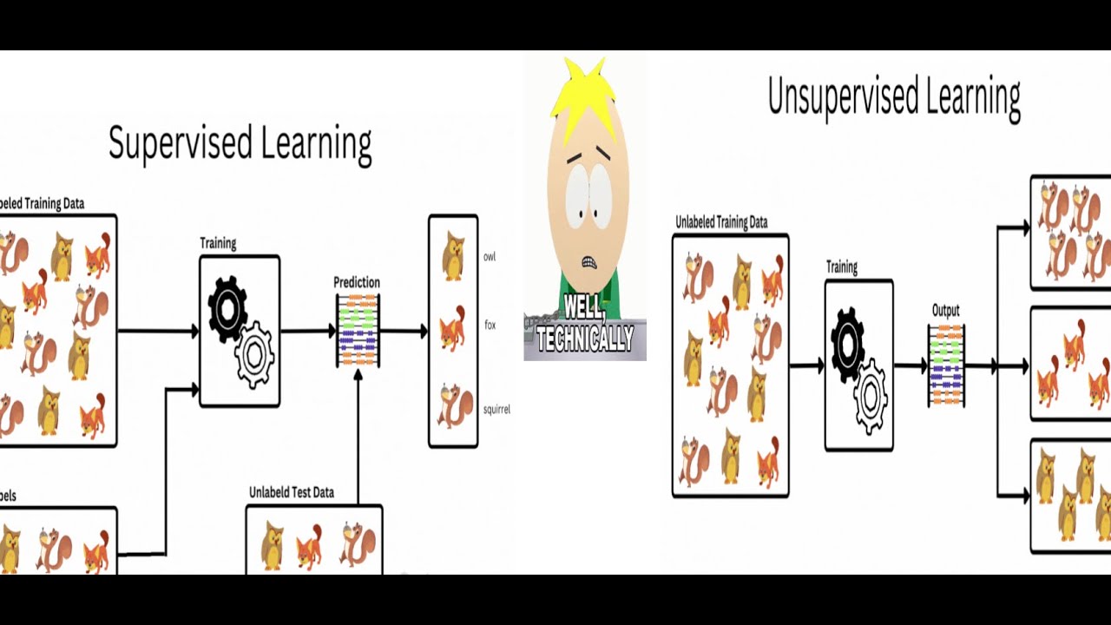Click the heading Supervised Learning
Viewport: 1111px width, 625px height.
240,144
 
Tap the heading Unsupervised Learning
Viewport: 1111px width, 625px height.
894,97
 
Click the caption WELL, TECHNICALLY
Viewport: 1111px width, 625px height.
584,323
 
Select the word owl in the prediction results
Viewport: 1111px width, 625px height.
490,257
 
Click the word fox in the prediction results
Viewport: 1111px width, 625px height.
490,326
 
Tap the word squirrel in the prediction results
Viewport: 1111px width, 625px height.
496,409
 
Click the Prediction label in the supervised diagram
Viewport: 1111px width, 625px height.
357,282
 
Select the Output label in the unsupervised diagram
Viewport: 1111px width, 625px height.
946,310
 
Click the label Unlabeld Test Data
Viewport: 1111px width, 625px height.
291,492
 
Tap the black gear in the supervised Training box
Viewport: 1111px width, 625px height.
227,307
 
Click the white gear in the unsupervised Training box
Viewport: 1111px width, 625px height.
870,396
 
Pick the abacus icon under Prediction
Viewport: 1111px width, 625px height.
358,331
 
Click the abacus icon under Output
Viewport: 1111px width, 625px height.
946,365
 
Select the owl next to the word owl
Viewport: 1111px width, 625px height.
453,256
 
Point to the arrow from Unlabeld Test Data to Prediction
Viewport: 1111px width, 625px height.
358,434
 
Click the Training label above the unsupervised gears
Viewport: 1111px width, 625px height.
841,267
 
